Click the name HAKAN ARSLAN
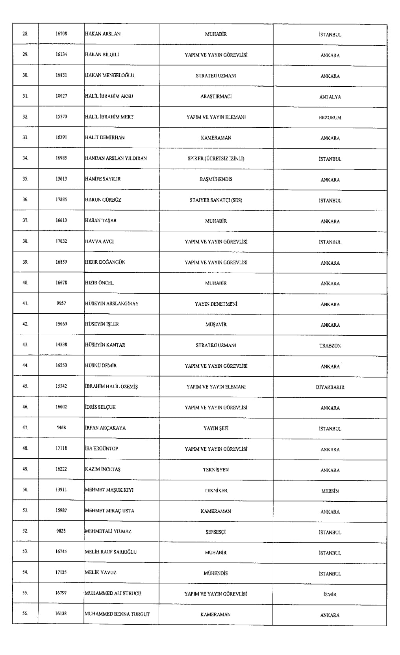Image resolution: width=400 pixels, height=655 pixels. pyautogui.click(x=103, y=34)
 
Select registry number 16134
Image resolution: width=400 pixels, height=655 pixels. pyautogui.click(x=61, y=54)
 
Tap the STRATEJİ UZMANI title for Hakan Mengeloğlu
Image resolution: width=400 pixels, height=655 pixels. pyautogui.click(x=216, y=76)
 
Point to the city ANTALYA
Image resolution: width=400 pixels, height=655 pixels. pyautogui.click(x=330, y=97)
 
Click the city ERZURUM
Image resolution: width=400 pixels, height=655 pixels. pyautogui.click(x=330, y=117)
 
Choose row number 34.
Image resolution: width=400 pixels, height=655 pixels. pyautogui.click(x=26, y=158)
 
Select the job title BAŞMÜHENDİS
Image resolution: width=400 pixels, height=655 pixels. pyautogui.click(x=216, y=179)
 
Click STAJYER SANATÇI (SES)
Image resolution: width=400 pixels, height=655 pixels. pyautogui.click(x=216, y=200)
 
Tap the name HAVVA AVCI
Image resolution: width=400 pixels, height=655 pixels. pyautogui.click(x=100, y=241)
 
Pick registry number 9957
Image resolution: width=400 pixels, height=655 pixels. pyautogui.click(x=61, y=303)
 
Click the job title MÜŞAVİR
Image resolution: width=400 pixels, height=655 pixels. pyautogui.click(x=216, y=325)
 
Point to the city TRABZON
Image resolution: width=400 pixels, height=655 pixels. pyautogui.click(x=330, y=346)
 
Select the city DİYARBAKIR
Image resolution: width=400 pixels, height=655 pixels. pyautogui.click(x=330, y=387)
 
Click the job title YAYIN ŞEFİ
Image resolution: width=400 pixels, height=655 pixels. pyautogui.click(x=216, y=428)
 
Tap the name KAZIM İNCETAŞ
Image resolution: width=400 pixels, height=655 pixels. pyautogui.click(x=103, y=469)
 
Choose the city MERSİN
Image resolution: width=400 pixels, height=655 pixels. pyautogui.click(x=330, y=491)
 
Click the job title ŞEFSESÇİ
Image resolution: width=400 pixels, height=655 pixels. pyautogui.click(x=216, y=532)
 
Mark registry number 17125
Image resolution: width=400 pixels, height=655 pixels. pyautogui.click(x=61, y=572)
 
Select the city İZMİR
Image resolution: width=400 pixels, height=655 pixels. pyautogui.click(x=330, y=594)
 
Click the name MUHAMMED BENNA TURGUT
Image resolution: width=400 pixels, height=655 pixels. pyautogui.click(x=117, y=614)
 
